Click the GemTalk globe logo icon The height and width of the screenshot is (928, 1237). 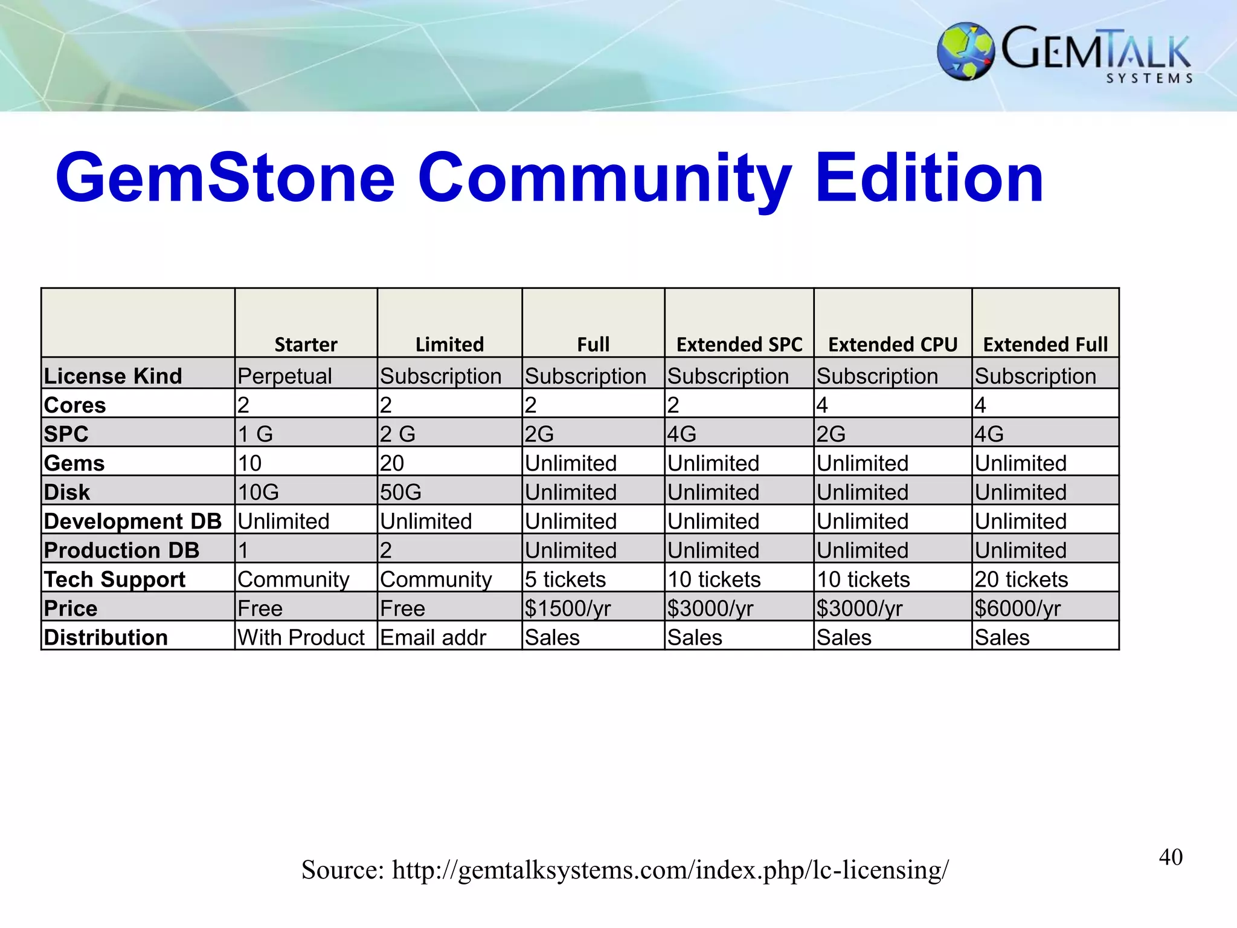click(965, 51)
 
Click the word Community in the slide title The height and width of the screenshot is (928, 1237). click(604, 178)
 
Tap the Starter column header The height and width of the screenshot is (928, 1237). click(306, 344)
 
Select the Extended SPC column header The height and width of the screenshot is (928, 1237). click(739, 344)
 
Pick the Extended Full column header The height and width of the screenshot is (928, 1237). click(1046, 344)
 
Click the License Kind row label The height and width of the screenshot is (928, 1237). click(113, 376)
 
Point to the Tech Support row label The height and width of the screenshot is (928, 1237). click(115, 579)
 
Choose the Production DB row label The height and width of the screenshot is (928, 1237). click(121, 550)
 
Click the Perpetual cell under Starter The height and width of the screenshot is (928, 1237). click(284, 376)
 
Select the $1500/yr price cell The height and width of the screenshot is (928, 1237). click(568, 608)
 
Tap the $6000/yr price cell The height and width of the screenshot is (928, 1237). click(1017, 608)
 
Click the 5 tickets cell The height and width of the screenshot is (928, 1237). click(565, 579)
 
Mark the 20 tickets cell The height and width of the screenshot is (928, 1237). click(1021, 579)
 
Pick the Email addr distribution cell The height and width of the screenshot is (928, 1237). click(433, 637)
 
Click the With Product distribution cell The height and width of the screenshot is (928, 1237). click(301, 637)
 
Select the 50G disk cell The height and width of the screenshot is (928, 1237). click(400, 492)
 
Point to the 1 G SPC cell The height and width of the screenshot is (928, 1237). click(255, 434)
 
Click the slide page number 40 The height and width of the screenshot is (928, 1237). click(1171, 857)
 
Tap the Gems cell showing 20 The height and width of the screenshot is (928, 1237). click(392, 463)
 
